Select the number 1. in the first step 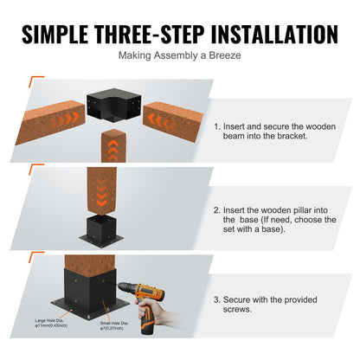coord(217,126)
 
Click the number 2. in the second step coord(217,209)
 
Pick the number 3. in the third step coord(217,299)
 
